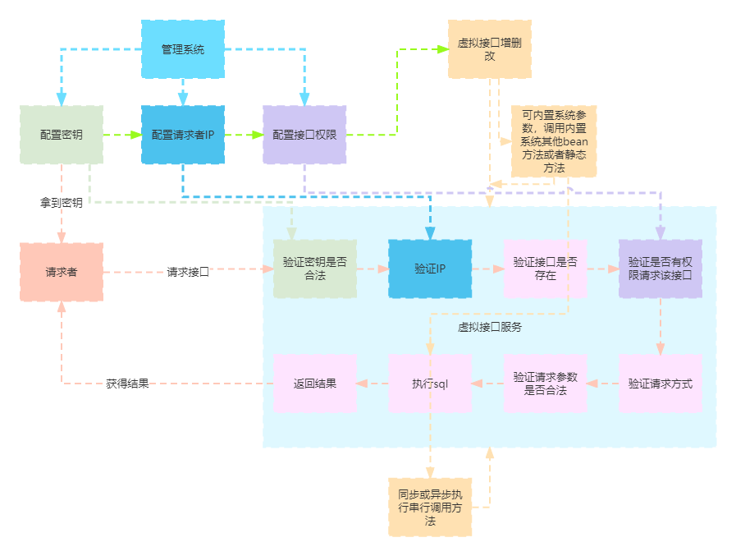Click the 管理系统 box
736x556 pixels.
coord(182,49)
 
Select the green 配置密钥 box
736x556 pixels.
coord(61,135)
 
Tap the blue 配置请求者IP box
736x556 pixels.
coord(182,135)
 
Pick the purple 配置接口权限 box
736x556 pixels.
coord(304,135)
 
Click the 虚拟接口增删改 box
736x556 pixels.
coord(489,49)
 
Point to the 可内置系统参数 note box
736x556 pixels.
coord(554,141)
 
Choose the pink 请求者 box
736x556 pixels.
coord(61,272)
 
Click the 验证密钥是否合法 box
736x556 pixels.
coord(314,269)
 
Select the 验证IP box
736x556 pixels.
coord(430,269)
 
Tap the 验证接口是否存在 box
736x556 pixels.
coord(545,269)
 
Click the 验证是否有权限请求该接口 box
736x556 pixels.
coord(660,269)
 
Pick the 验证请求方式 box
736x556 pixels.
coord(660,384)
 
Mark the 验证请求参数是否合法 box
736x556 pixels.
coord(545,384)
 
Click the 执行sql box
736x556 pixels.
coord(430,384)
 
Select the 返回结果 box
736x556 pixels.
coord(314,384)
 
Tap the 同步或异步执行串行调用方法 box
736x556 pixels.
coord(430,508)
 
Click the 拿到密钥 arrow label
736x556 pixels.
coord(62,203)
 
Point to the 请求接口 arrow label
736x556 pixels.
coord(188,272)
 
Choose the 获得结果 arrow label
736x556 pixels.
coord(127,384)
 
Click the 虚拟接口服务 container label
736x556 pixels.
coord(489,326)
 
